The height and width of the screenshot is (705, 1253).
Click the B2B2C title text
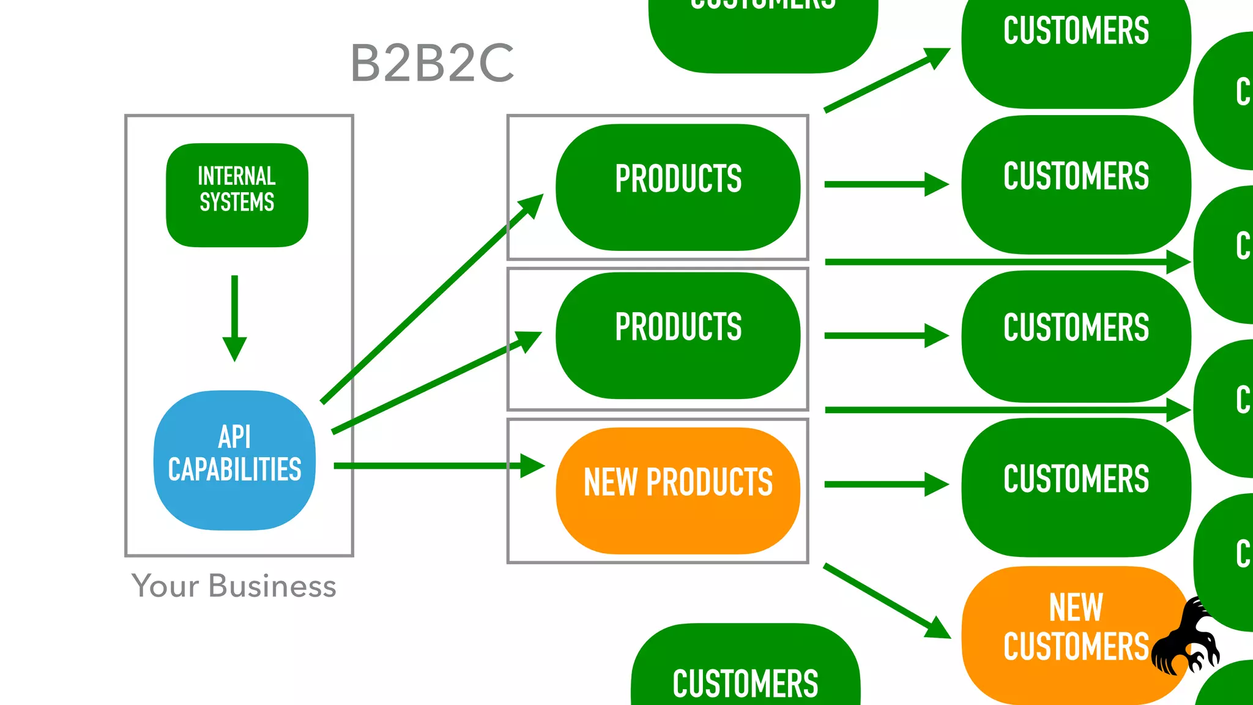pyautogui.click(x=432, y=63)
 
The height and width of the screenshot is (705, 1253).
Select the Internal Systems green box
pyautogui.click(x=237, y=195)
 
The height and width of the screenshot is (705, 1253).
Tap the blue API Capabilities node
pyautogui.click(x=234, y=460)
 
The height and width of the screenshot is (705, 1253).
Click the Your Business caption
pyautogui.click(x=234, y=586)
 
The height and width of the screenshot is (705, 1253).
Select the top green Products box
pyautogui.click(x=678, y=187)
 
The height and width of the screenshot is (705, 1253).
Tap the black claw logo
pyautogui.click(x=1187, y=640)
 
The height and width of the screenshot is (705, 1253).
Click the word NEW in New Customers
pyautogui.click(x=1076, y=608)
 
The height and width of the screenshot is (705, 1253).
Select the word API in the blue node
pyautogui.click(x=234, y=437)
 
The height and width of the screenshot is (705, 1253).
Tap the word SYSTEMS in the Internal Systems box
pyautogui.click(x=237, y=203)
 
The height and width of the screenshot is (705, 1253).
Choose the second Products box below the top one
pyautogui.click(x=678, y=335)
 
